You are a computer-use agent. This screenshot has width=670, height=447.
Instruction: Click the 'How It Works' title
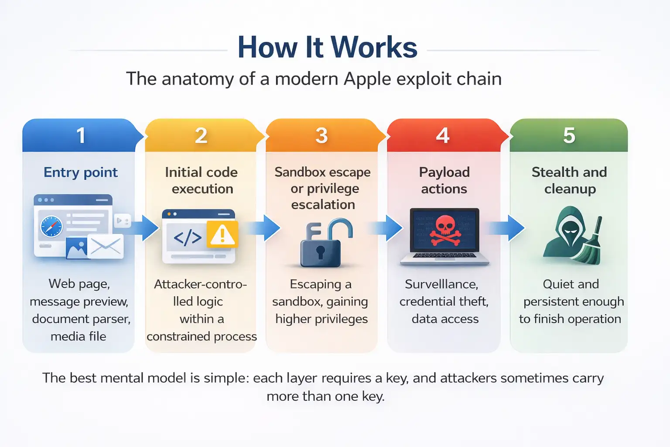(327, 47)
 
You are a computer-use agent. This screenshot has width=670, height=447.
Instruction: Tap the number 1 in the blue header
(81, 135)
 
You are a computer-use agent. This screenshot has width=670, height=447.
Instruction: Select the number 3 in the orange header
(321, 135)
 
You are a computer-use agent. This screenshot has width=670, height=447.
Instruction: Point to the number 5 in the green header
(569, 135)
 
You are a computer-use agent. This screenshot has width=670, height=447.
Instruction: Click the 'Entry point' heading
(81, 172)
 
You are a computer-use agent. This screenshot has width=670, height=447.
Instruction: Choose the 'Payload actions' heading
(444, 180)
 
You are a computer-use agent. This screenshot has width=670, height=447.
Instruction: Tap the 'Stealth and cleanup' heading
(569, 180)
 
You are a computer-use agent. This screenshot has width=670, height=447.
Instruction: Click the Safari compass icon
(51, 227)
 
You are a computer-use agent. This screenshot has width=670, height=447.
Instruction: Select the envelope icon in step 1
(106, 247)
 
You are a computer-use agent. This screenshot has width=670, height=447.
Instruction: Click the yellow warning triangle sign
(222, 235)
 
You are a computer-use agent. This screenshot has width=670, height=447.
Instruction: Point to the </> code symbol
(188, 237)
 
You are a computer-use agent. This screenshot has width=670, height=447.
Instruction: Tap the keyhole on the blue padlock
(321, 252)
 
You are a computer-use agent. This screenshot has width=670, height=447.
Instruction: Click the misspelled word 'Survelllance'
(441, 284)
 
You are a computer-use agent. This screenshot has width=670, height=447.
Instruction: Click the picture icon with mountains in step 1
(76, 248)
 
